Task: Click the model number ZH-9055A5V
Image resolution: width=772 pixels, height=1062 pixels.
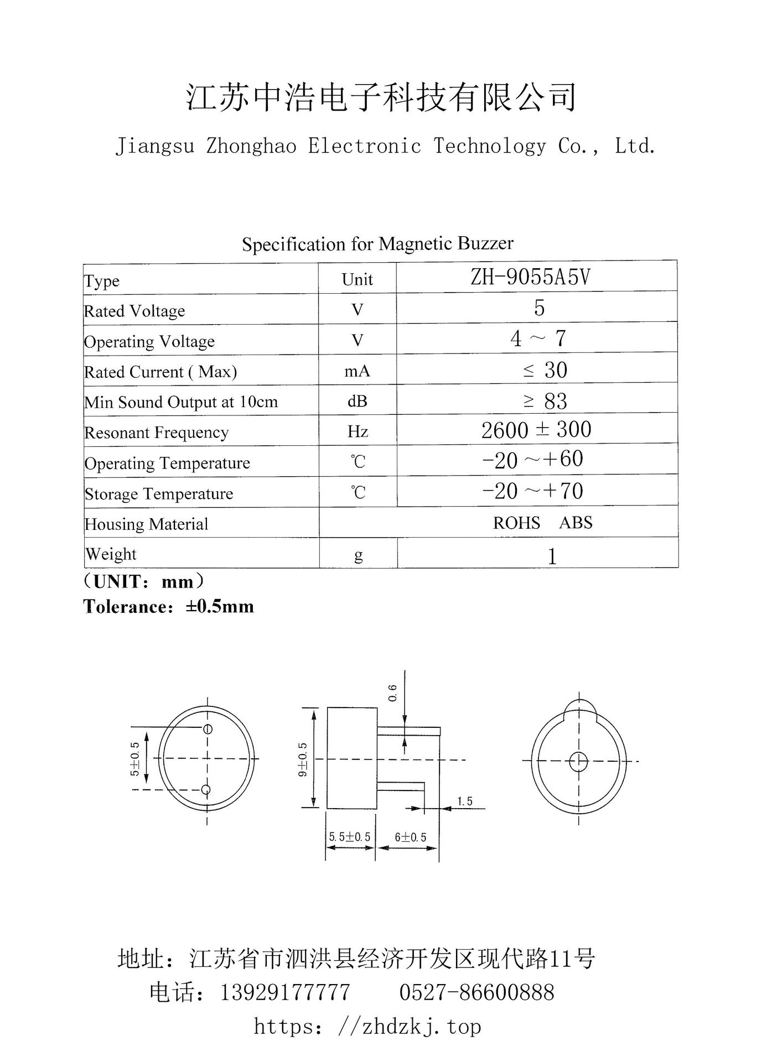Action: [530, 277]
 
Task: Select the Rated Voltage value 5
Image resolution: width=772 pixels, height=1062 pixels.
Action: [539, 308]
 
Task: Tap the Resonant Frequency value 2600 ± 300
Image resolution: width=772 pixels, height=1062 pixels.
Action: [536, 430]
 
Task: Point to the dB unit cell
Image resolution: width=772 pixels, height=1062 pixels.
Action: [357, 401]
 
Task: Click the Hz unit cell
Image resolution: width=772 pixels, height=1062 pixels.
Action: [357, 431]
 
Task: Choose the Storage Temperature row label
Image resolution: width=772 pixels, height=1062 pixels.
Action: [159, 493]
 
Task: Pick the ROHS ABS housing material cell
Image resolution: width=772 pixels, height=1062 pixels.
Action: [542, 523]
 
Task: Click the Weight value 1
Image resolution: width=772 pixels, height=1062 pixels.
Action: [552, 556]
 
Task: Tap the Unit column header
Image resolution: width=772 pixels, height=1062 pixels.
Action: [357, 279]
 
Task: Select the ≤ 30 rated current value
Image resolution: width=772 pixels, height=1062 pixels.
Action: [545, 370]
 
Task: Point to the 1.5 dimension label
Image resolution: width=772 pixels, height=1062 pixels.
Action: [465, 801]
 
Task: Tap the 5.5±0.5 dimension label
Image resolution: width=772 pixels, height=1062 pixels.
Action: [350, 837]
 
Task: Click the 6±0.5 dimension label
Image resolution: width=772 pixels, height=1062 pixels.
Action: [411, 837]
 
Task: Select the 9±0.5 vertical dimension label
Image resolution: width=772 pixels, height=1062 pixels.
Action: [303, 759]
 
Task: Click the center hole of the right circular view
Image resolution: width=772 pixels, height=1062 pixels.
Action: [578, 762]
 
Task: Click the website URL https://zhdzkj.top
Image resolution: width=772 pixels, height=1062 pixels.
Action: [367, 1027]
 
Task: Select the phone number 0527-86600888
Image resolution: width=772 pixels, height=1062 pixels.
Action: [476, 993]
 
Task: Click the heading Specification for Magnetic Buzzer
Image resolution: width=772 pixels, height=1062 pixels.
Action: [377, 243]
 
